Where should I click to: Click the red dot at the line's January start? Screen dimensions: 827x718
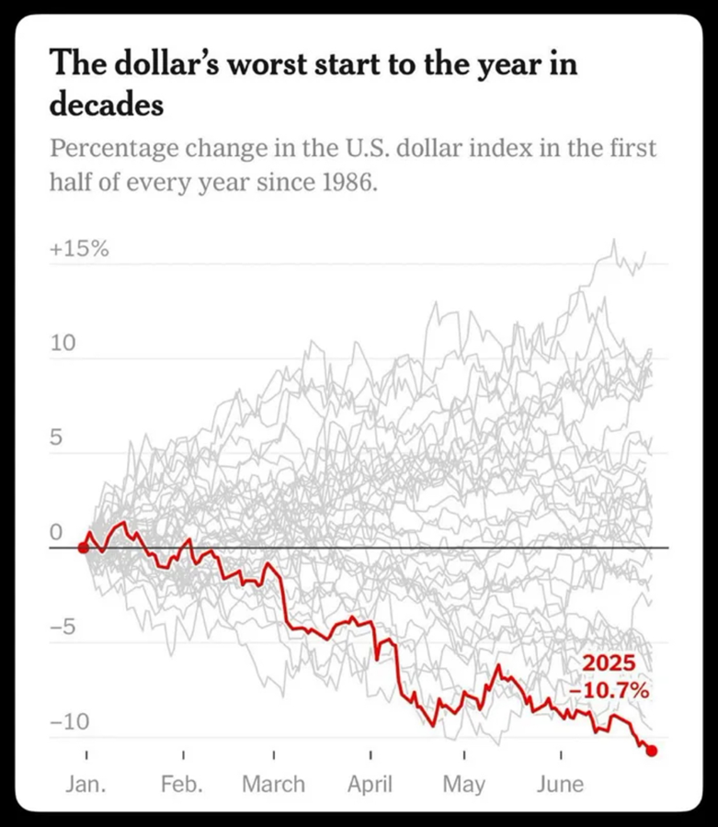tap(83, 548)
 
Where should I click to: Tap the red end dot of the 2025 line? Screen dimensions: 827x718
tap(652, 751)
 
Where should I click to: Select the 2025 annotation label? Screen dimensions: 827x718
tap(609, 665)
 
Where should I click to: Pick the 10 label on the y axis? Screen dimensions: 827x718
tap(61, 344)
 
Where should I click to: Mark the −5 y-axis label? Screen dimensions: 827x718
tap(64, 628)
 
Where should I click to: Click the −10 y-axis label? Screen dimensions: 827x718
tap(70, 722)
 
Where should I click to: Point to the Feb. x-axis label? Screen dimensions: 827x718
tap(184, 784)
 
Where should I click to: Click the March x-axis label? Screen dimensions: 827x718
tap(274, 784)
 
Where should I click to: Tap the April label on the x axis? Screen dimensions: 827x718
tap(369, 784)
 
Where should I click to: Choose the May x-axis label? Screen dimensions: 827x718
tap(463, 784)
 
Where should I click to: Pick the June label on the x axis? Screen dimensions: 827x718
tap(559, 784)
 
